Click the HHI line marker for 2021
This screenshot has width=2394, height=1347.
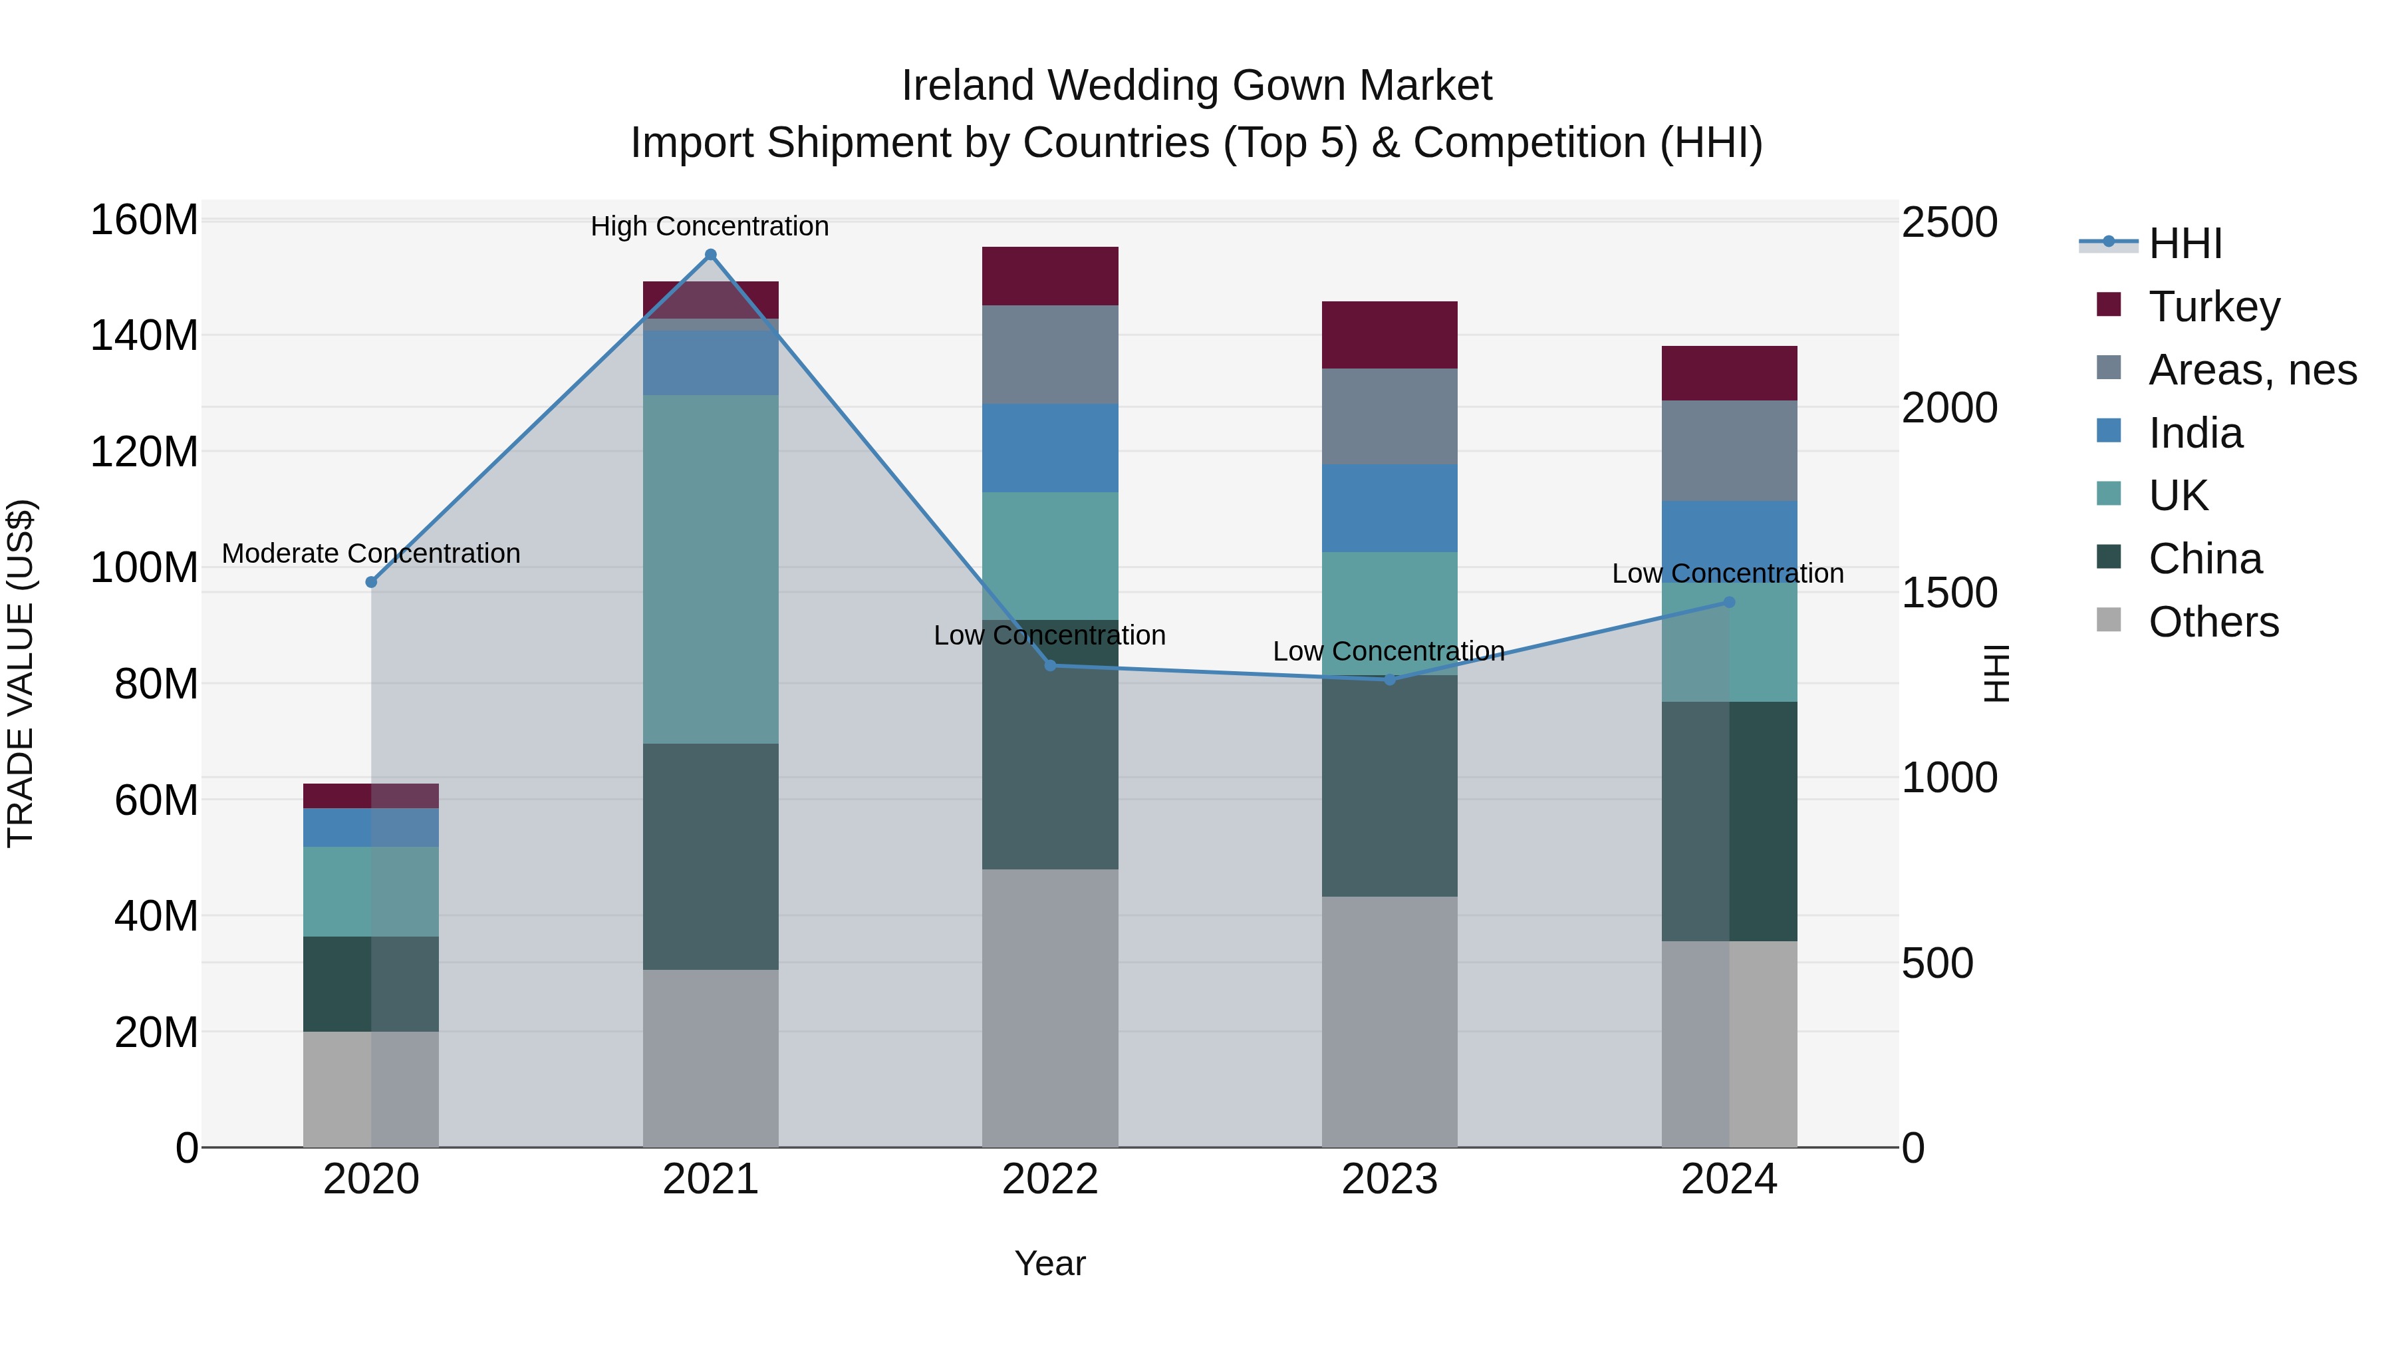711,255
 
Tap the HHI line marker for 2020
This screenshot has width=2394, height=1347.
371,582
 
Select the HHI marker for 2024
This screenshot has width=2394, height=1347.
1728,603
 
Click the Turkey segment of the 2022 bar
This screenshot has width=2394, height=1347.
1050,276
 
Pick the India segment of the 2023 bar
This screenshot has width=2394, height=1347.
1389,508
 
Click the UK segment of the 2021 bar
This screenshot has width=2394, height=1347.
711,569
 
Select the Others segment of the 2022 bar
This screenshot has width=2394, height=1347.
1050,1008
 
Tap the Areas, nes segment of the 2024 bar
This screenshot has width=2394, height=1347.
1728,451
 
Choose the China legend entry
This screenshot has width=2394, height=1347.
2204,559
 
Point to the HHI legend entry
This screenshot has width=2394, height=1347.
2184,243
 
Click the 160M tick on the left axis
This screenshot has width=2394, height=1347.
144,222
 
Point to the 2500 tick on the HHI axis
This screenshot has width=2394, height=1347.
1949,223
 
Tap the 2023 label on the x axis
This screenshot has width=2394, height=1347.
1389,1179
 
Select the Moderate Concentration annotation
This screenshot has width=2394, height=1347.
371,553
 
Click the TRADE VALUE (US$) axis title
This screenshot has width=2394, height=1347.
21,673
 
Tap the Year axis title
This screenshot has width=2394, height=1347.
1050,1263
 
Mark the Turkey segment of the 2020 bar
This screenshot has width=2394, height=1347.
371,796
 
